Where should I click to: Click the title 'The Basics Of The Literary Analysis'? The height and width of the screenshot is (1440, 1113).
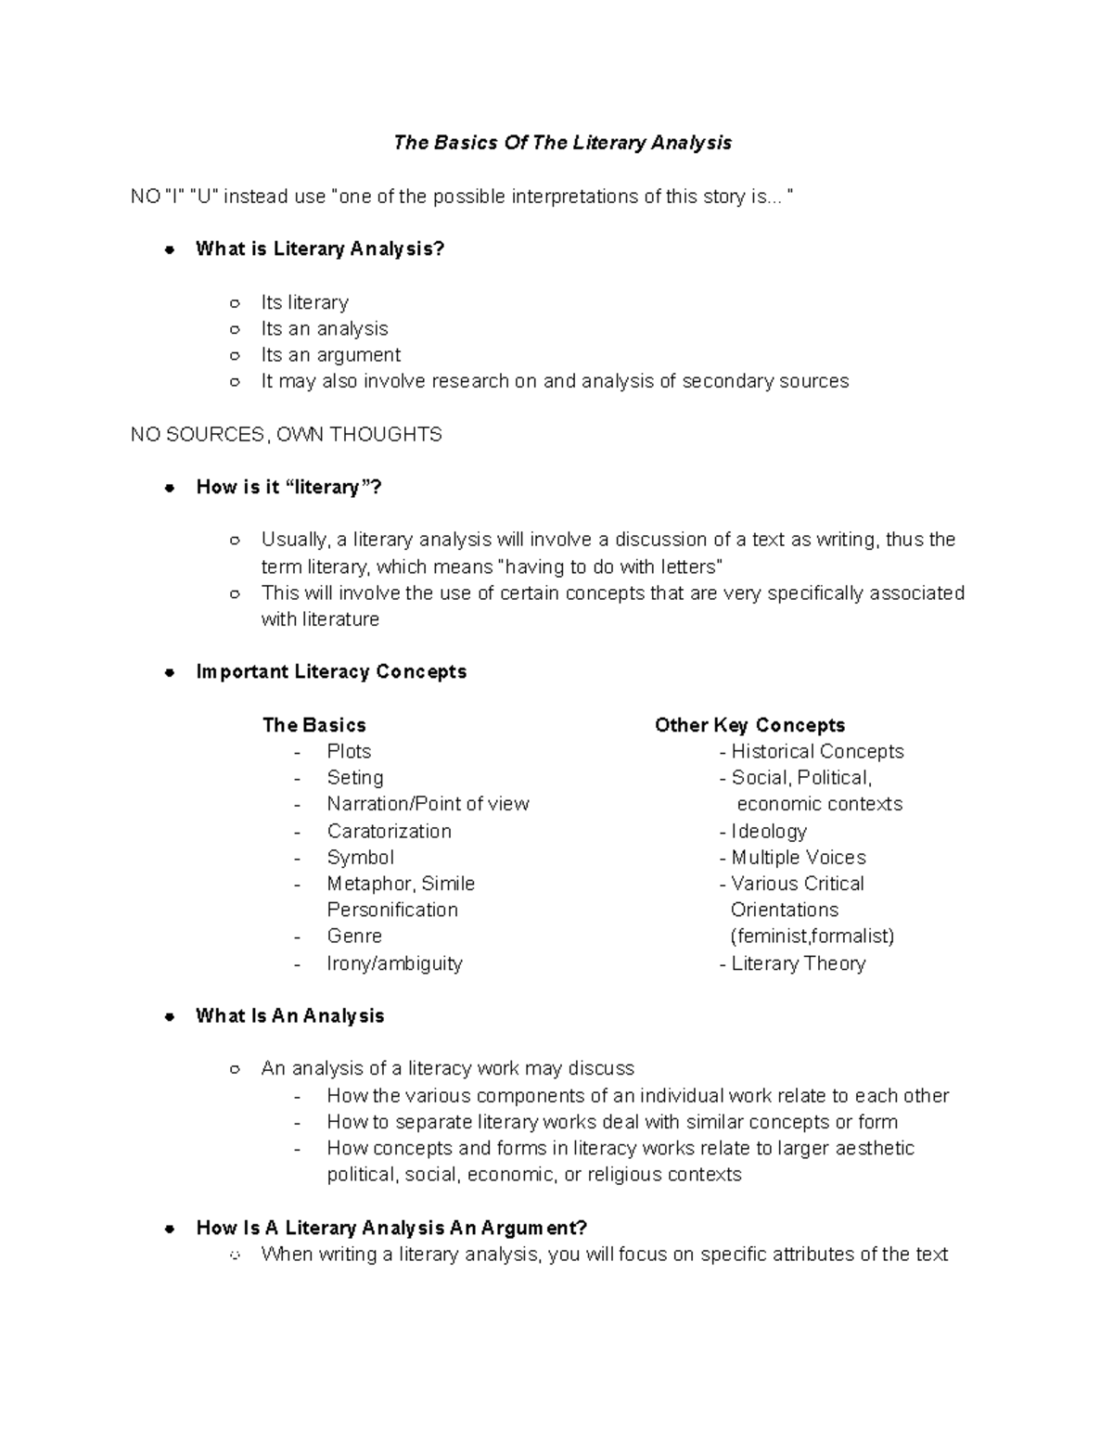pyautogui.click(x=562, y=143)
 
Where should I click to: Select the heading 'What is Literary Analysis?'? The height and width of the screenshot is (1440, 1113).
pyautogui.click(x=320, y=248)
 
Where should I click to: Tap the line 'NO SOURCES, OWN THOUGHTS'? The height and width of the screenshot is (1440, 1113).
pyautogui.click(x=286, y=434)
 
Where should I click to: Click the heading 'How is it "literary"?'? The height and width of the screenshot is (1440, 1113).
pyautogui.click(x=288, y=487)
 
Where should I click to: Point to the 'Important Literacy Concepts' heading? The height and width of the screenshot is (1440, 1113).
pyautogui.click(x=331, y=671)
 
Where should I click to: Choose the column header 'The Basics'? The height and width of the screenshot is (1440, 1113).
pyautogui.click(x=313, y=725)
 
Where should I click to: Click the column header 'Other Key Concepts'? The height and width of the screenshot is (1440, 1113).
pyautogui.click(x=749, y=725)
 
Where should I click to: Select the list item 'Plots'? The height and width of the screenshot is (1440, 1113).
pyautogui.click(x=349, y=751)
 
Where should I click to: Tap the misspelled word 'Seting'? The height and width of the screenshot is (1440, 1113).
pyautogui.click(x=354, y=778)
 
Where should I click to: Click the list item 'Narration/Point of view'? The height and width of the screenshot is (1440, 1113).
pyautogui.click(x=428, y=804)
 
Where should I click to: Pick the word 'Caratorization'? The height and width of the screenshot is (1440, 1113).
pyautogui.click(x=389, y=831)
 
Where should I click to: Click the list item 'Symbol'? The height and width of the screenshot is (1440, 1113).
pyautogui.click(x=360, y=858)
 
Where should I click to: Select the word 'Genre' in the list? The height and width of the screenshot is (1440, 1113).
pyautogui.click(x=354, y=936)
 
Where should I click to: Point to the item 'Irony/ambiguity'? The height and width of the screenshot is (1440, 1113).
pyautogui.click(x=394, y=963)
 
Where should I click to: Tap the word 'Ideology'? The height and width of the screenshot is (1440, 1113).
pyautogui.click(x=769, y=831)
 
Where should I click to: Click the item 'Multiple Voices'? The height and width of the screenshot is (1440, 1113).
pyautogui.click(x=799, y=858)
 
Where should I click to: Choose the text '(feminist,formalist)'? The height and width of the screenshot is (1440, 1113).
pyautogui.click(x=812, y=936)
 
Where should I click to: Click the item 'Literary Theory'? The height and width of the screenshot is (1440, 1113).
pyautogui.click(x=798, y=963)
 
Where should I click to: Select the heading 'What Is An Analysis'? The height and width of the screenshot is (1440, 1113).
pyautogui.click(x=289, y=1015)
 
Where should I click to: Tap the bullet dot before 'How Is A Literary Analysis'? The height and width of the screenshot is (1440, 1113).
pyautogui.click(x=170, y=1229)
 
